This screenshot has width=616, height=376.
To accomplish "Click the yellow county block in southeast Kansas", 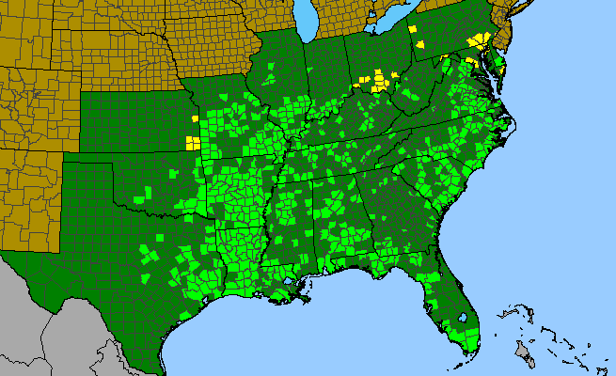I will click(192, 143).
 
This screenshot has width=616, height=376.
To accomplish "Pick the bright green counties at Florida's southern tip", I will click(464, 333).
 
